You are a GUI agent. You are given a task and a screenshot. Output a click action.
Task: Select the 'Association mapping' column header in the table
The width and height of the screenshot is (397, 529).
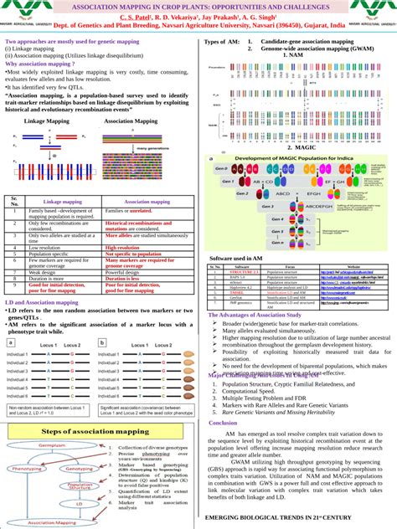[147, 202]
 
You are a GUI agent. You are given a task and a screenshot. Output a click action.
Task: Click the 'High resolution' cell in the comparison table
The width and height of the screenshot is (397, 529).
[122, 248]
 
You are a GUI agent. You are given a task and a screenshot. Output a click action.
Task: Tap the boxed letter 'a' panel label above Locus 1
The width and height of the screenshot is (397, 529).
[9, 342]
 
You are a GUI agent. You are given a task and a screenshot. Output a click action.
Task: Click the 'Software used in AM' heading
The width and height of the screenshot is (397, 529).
[237, 259]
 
